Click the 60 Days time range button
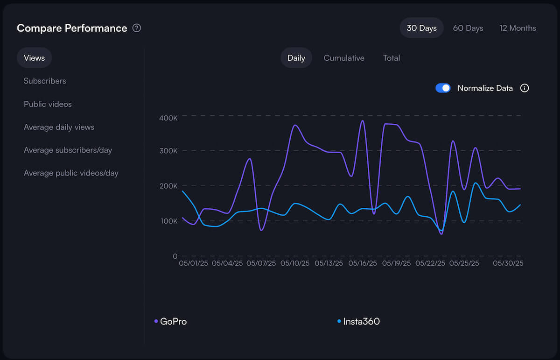point(468,28)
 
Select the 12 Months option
point(518,28)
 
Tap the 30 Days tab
point(421,28)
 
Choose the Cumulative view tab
point(344,58)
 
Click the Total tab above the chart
point(391,58)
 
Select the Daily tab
point(296,58)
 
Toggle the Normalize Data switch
point(443,88)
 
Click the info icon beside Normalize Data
point(525,88)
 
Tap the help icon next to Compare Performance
point(136,28)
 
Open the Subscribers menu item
point(45,81)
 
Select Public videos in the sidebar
point(48,104)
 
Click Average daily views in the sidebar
point(59,127)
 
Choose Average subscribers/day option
point(68,150)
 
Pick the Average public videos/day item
point(71,173)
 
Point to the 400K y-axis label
point(168,119)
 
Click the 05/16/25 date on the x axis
point(363,263)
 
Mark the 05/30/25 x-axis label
point(508,263)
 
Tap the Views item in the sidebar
point(34,58)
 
